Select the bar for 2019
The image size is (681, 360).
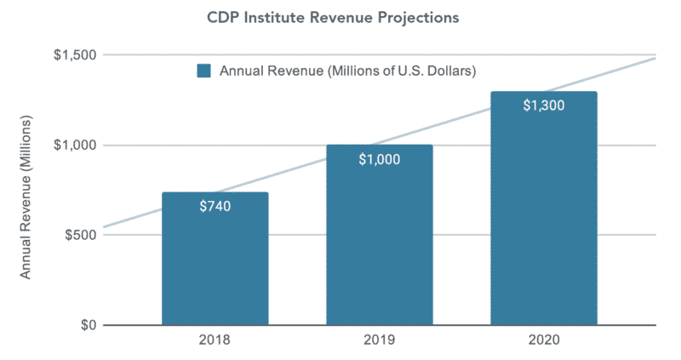(380, 247)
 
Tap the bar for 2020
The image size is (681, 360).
(543, 221)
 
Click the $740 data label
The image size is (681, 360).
(215, 205)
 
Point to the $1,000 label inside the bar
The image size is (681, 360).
(379, 158)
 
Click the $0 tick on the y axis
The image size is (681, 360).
(85, 325)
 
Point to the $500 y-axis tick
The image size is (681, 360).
(79, 235)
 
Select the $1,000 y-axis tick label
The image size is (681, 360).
(74, 146)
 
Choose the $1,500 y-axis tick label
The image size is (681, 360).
(74, 55)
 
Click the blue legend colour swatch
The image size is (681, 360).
(204, 71)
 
